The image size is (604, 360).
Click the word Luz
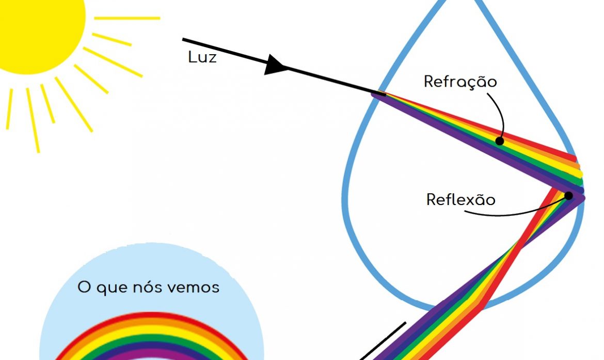[x=202, y=57]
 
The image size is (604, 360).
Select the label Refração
[x=460, y=82]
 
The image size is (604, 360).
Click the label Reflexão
[x=460, y=199]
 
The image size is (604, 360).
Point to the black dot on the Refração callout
[x=499, y=140]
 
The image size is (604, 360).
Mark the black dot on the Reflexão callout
[x=568, y=196]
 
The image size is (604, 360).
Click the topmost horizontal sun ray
[x=127, y=18]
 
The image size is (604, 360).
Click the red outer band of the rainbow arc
[x=150, y=316]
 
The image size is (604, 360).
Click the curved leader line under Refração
[x=500, y=111]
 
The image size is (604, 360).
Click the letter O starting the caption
[x=84, y=287]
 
